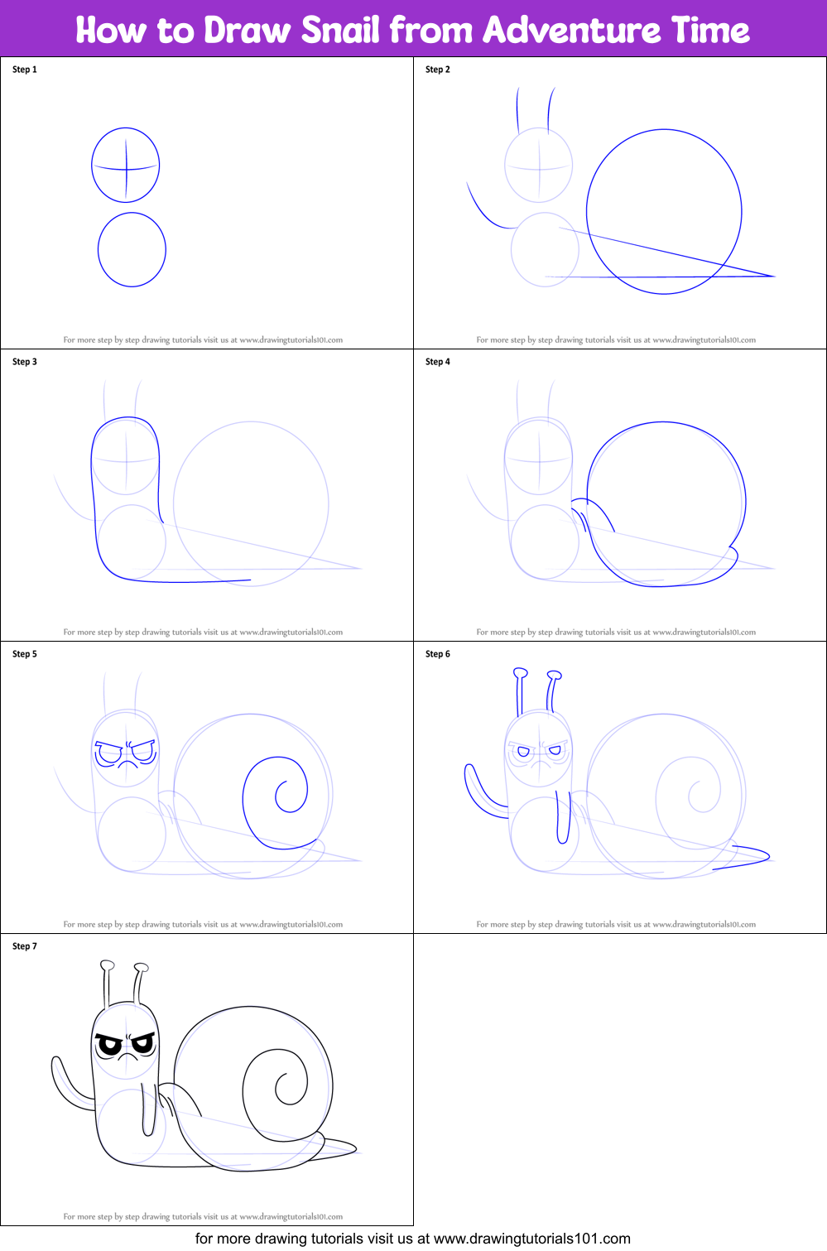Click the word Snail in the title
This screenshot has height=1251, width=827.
coord(340,30)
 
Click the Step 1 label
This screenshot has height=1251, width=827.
coord(25,70)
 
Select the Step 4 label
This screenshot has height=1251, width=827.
coord(438,362)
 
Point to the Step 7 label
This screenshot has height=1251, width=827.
coord(25,946)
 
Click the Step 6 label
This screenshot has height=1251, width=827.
coord(438,654)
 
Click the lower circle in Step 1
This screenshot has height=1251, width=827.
coord(132,249)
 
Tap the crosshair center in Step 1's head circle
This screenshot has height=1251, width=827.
coord(126,169)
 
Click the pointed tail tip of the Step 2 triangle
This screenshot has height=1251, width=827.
coord(772,276)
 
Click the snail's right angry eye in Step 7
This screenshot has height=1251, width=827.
coord(143,1045)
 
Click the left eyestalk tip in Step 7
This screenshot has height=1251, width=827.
coord(107,965)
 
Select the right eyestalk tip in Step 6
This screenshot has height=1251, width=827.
coord(555,676)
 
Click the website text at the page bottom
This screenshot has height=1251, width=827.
coord(412,1239)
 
